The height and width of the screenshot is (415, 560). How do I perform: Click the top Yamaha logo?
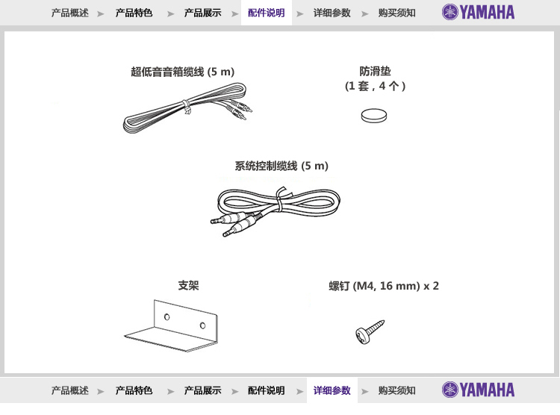(478, 12)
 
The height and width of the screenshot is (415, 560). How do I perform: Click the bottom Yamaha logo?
(478, 390)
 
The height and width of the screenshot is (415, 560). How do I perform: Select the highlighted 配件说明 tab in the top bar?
(266, 13)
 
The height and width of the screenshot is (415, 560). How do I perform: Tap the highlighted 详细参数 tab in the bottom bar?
(332, 390)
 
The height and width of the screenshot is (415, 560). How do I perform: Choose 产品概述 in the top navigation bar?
(70, 13)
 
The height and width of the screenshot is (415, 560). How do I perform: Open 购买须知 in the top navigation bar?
(396, 13)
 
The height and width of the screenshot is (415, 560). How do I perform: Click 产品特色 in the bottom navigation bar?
(134, 390)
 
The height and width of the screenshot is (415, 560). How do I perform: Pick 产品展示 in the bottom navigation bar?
(202, 390)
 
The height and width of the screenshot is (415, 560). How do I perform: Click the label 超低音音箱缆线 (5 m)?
(182, 72)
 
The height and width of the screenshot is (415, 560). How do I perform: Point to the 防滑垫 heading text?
(375, 71)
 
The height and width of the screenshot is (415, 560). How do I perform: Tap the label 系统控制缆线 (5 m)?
(281, 166)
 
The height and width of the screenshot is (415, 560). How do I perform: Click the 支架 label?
(188, 285)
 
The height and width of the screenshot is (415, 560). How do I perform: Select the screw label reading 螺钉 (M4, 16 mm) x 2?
(384, 286)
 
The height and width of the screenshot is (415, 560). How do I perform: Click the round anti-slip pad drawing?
(373, 116)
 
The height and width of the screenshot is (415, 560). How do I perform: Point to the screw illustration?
(370, 332)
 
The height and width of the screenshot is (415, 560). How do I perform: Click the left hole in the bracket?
(167, 316)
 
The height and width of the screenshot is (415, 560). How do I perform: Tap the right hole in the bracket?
(202, 325)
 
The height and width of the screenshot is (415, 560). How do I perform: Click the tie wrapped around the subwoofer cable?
(187, 107)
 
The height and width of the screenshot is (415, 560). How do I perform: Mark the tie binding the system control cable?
(280, 199)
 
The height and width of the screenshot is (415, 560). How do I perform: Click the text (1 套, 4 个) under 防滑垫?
(375, 86)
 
